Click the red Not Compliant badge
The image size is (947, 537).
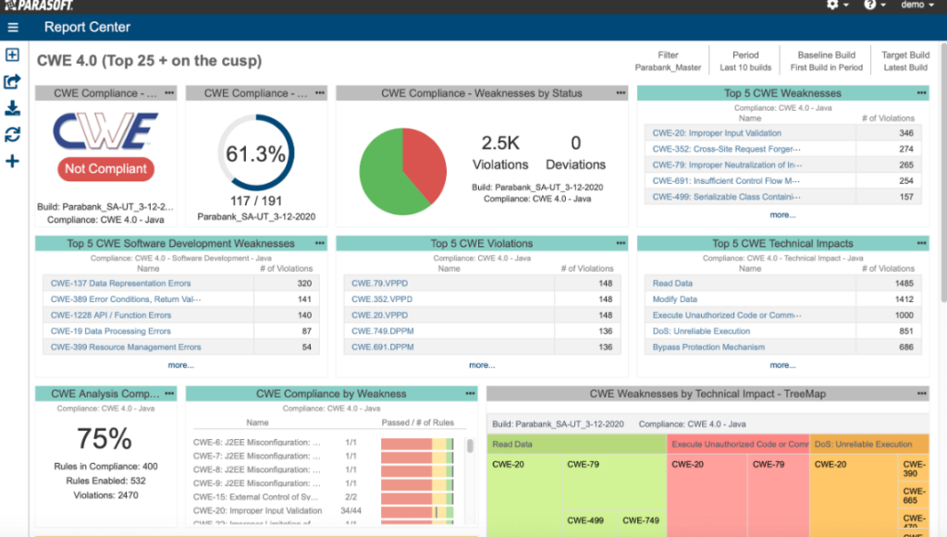(105, 169)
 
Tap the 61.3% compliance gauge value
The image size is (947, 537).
(255, 154)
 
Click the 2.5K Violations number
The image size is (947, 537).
(500, 143)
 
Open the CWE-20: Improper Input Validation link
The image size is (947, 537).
(717, 133)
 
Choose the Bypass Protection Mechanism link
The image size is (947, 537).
(708, 348)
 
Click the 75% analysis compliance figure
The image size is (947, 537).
(105, 438)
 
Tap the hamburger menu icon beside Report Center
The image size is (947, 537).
(13, 28)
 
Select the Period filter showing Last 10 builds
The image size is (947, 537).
(745, 61)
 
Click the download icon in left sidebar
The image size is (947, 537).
(13, 108)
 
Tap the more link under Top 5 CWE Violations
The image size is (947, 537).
(482, 365)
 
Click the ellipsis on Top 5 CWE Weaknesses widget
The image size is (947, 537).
(921, 93)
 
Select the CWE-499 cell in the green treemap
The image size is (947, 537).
(585, 520)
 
